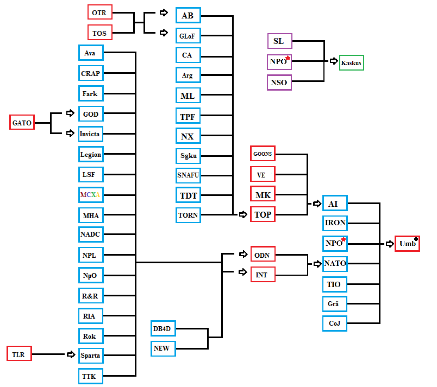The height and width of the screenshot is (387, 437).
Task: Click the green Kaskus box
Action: (x=352, y=62)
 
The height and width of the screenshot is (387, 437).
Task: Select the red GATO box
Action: (x=22, y=122)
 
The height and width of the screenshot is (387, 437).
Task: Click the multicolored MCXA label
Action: (x=90, y=194)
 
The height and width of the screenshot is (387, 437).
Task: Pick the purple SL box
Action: (x=279, y=41)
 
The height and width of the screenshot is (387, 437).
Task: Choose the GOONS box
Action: (x=263, y=153)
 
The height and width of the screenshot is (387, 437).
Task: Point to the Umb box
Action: (x=407, y=244)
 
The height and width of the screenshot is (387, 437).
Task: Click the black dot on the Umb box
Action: (x=416, y=239)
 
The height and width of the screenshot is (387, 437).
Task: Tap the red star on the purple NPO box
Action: (x=288, y=58)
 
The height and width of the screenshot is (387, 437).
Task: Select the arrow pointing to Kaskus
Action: (x=334, y=61)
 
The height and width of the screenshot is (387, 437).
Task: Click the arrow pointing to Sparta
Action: (x=71, y=354)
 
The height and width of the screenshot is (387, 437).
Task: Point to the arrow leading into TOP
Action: (x=243, y=214)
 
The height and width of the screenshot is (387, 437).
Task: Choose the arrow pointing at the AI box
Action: (x=317, y=204)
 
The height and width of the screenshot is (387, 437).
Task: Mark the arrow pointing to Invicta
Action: (x=70, y=134)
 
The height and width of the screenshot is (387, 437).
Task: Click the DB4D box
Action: (x=163, y=328)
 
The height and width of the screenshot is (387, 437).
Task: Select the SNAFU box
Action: (x=188, y=175)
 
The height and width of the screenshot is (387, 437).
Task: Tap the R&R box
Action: (x=91, y=295)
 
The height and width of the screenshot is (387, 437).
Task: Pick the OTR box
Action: (x=100, y=12)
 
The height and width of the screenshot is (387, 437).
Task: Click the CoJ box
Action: (x=335, y=323)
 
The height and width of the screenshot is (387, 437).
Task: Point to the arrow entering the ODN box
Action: (x=243, y=254)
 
